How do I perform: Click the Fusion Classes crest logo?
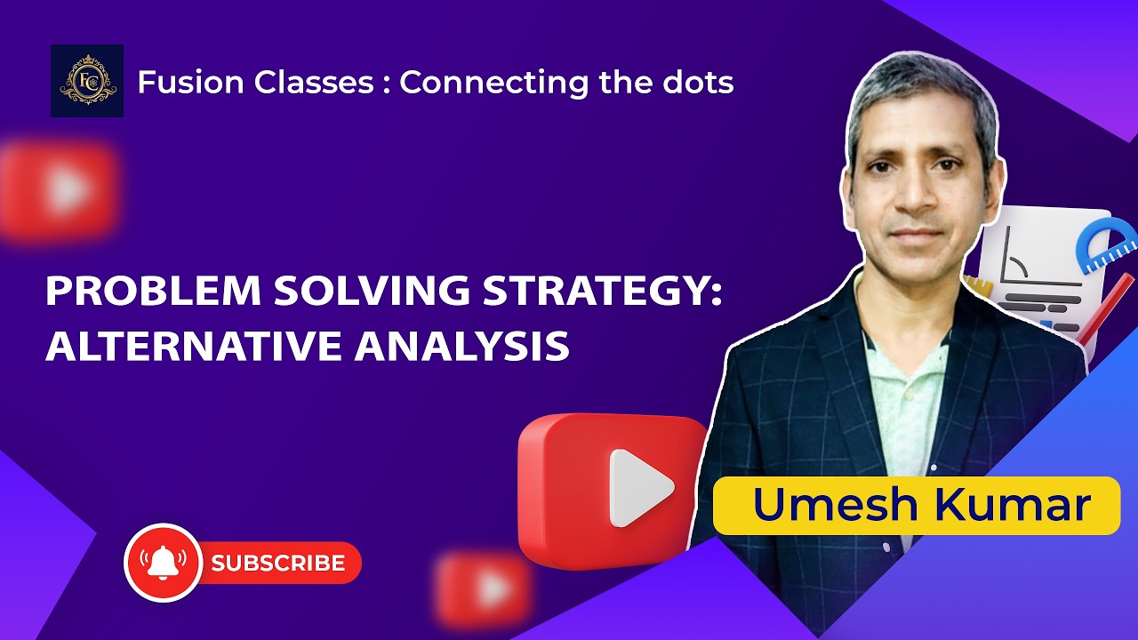(86, 81)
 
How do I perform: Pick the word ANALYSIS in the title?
(461, 346)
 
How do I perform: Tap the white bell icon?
(163, 563)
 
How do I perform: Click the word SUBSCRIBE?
(277, 563)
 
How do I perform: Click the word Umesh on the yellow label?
(822, 505)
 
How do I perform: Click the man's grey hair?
(916, 89)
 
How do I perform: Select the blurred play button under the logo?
(59, 190)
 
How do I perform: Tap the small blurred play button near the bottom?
(485, 588)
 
